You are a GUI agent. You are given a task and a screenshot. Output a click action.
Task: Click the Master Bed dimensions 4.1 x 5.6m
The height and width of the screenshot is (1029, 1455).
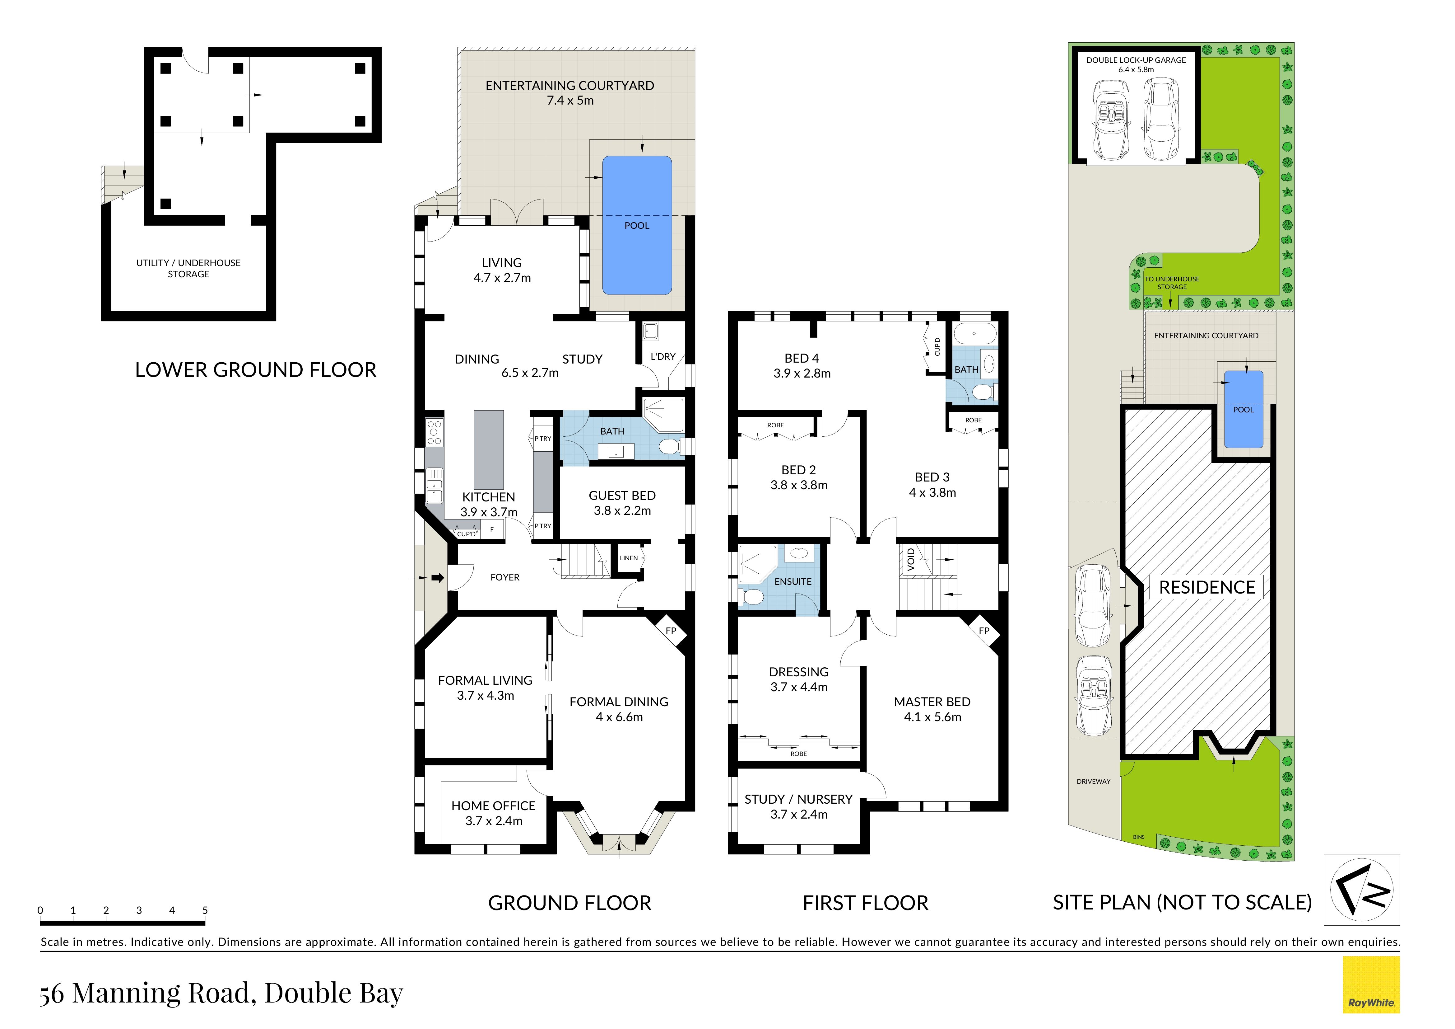[932, 717]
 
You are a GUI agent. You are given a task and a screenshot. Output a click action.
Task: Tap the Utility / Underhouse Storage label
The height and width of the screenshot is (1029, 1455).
[188, 268]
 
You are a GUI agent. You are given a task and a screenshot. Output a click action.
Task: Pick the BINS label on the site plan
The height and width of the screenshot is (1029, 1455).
[1139, 837]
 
